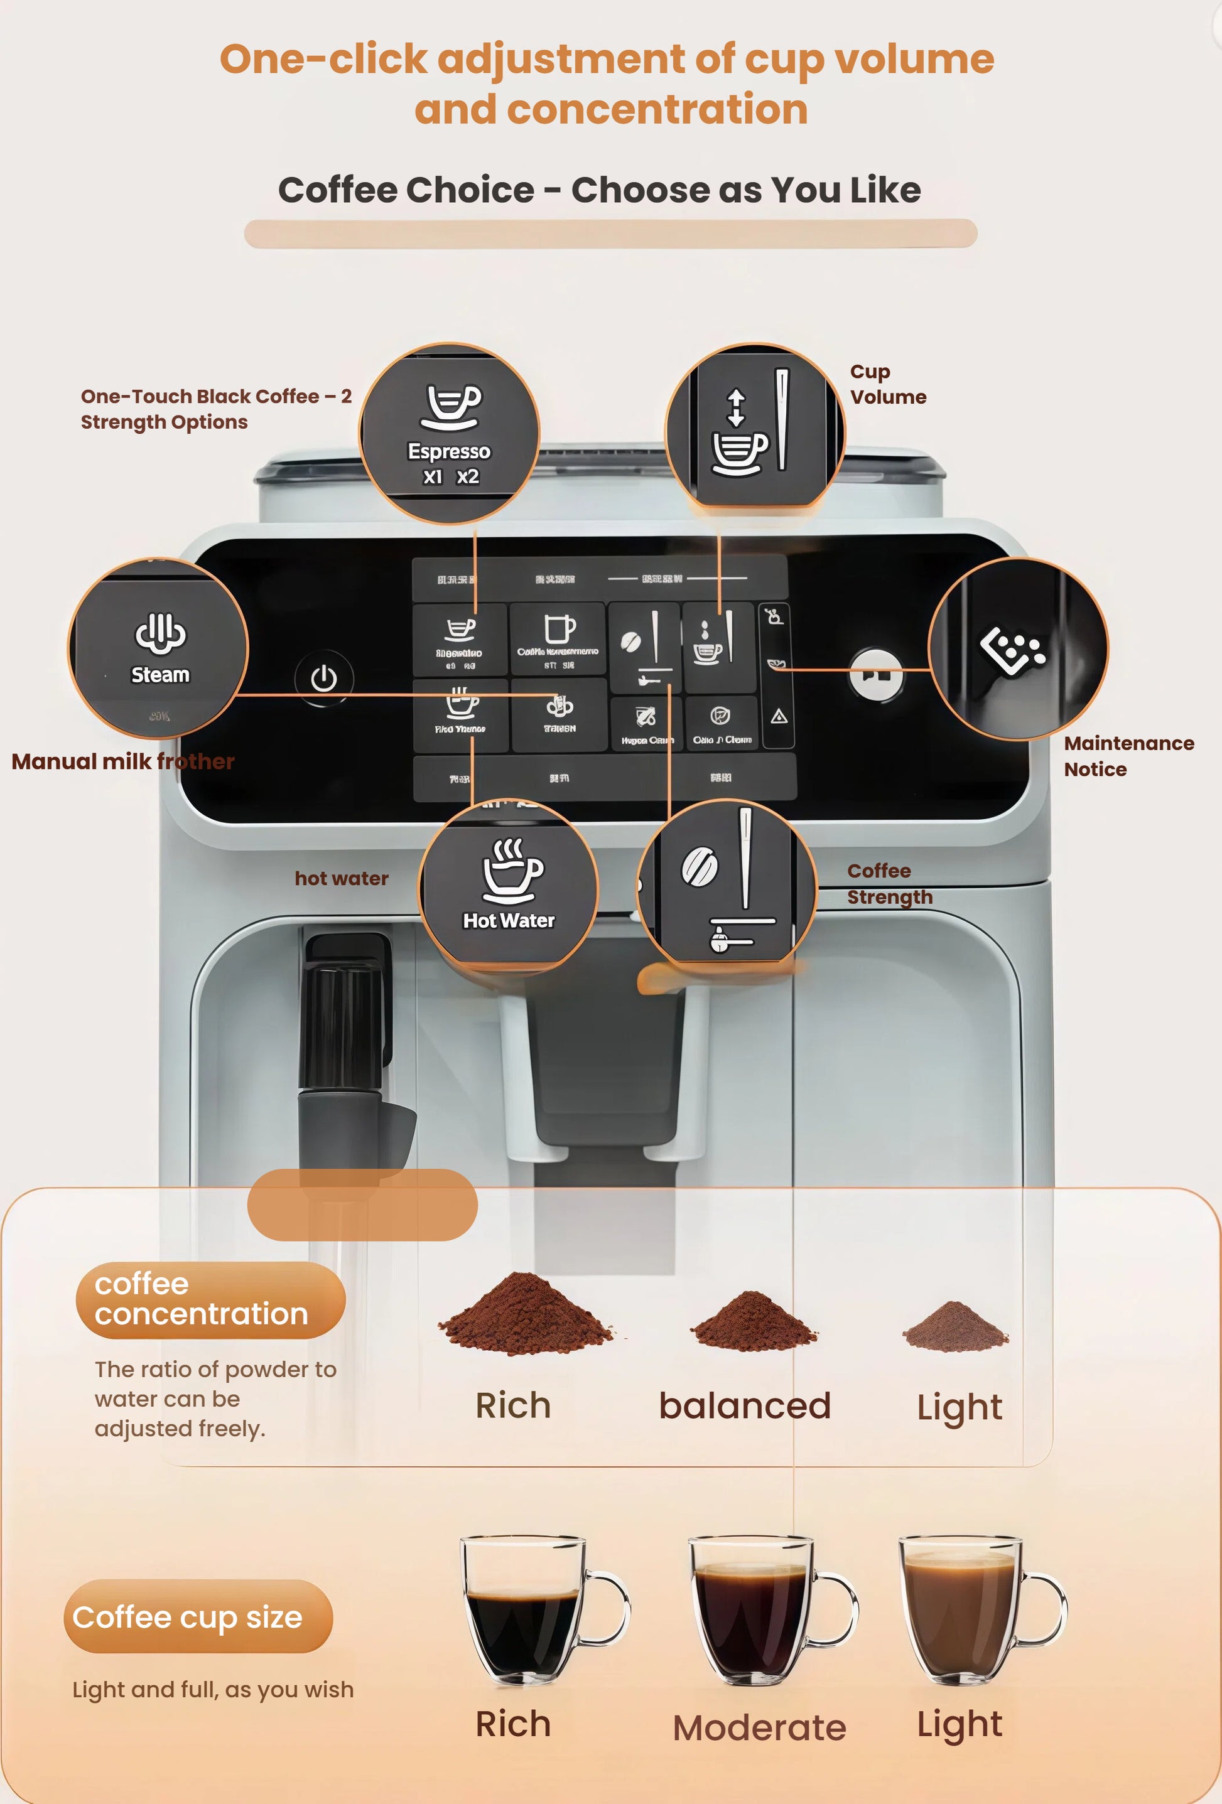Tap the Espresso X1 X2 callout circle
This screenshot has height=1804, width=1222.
click(x=450, y=433)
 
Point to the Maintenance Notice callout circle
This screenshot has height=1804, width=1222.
click(x=1018, y=648)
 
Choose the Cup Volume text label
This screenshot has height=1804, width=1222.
click(x=887, y=384)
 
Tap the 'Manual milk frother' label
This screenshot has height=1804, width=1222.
click(x=122, y=761)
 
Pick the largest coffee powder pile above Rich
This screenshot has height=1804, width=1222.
click(x=525, y=1315)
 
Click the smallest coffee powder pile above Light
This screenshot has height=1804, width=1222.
click(x=956, y=1328)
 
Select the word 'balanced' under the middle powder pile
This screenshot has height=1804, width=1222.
click(x=745, y=1406)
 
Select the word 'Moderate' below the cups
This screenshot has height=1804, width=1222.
click(x=759, y=1728)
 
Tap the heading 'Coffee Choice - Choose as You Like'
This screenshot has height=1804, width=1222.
click(x=599, y=190)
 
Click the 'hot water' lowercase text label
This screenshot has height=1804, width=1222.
click(x=342, y=879)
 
